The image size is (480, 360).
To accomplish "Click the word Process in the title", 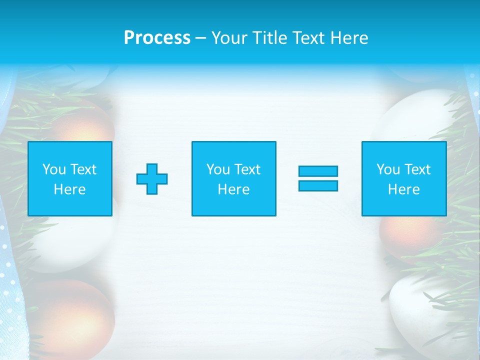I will click(x=157, y=38).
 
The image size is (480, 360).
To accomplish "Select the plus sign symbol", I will click(x=152, y=179).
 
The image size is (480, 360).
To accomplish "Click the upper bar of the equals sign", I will click(x=318, y=171).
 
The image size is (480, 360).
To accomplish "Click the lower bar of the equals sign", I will click(x=318, y=186).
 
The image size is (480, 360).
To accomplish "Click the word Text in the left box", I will click(x=83, y=169).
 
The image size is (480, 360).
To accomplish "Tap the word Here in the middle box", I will click(x=233, y=189).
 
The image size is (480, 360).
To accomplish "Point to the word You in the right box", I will click(x=388, y=169).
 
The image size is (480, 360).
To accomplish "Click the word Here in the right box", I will click(x=404, y=189).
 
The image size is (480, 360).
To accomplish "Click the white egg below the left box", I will click(x=75, y=245).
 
